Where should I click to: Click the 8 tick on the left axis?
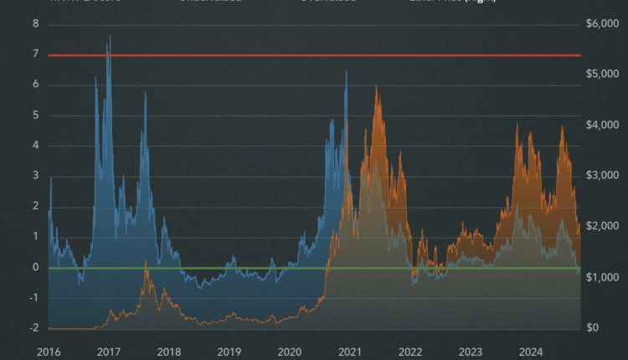pos(35,23)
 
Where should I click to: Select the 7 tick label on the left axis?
pos(35,54)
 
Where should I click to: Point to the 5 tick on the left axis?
pos(35,116)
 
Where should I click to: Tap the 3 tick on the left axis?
pos(35,176)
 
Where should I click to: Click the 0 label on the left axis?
pos(35,267)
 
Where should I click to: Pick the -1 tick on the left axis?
pos(33,298)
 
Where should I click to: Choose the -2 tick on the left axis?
pos(33,328)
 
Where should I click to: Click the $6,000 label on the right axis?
pos(601,23)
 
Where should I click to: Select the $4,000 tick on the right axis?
pos(601,125)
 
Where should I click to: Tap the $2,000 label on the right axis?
pos(601,227)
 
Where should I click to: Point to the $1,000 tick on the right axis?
pos(601,277)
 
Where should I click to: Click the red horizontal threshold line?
pos(251,55)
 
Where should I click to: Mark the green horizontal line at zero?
pos(209,268)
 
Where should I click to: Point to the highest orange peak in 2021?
pos(376,88)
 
